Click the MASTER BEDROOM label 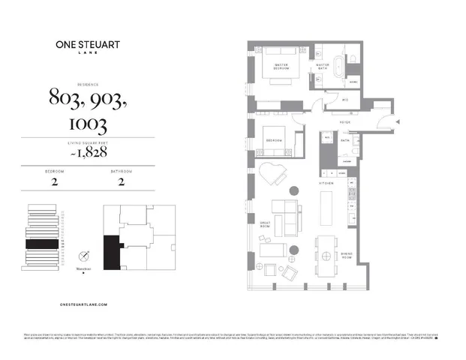283,66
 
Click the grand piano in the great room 272,176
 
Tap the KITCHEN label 326,183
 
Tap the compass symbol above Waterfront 86,254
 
